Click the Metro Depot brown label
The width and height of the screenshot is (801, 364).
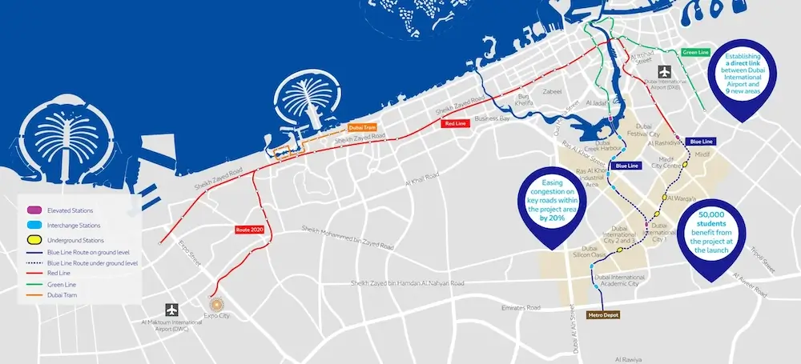coord(606,315)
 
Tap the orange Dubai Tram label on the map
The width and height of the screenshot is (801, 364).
coord(363,127)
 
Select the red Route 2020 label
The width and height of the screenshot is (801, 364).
coord(249,230)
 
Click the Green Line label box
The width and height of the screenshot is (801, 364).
coord(695,53)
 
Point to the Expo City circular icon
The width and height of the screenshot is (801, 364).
coord(215,304)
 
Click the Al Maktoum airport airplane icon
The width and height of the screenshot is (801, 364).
coord(171,309)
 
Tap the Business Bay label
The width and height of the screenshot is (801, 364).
coord(492,118)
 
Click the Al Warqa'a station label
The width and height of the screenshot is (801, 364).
coord(681,197)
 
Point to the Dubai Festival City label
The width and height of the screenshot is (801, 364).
coord(650,130)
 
